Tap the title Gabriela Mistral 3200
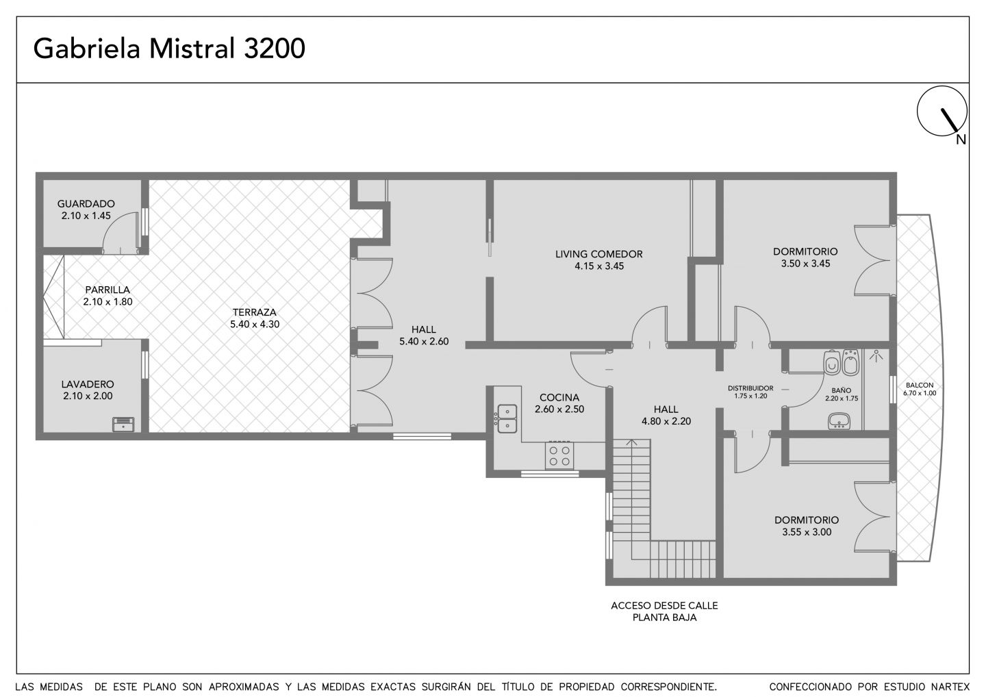pyautogui.click(x=169, y=49)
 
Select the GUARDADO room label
pyautogui.click(x=86, y=204)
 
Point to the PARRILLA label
pyautogui.click(x=108, y=290)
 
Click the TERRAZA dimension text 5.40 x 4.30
pyautogui.click(x=255, y=325)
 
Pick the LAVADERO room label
pyautogui.click(x=88, y=384)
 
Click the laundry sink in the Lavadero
pyautogui.click(x=123, y=424)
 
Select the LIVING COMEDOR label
pyautogui.click(x=598, y=254)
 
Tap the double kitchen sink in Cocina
pyautogui.click(x=507, y=418)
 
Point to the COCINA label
pyautogui.click(x=559, y=397)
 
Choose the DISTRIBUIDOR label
pyautogui.click(x=750, y=388)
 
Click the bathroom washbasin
pyautogui.click(x=839, y=420)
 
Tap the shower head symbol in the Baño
pyautogui.click(x=876, y=355)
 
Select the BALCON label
pyautogui.click(x=920, y=385)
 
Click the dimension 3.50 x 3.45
pyautogui.click(x=805, y=264)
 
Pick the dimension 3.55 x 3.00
pyautogui.click(x=807, y=532)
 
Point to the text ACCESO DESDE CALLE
pyautogui.click(x=664, y=605)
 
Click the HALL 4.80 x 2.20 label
pyautogui.click(x=666, y=415)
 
